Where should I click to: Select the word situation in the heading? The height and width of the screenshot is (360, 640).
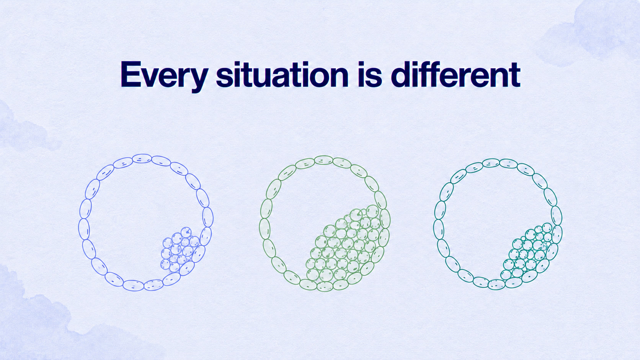pos(282,74)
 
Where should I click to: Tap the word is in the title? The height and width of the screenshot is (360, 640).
pos(370,74)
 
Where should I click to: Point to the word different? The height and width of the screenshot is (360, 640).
pos(456,74)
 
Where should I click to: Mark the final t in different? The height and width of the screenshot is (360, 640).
pos(514,75)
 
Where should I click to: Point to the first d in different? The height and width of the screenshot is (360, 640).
pos(401,74)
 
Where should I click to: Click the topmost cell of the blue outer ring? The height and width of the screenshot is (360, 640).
pos(142,158)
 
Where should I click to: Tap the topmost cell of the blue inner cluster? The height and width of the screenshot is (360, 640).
pos(186,232)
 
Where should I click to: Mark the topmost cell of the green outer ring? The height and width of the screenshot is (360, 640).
pos(323,160)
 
